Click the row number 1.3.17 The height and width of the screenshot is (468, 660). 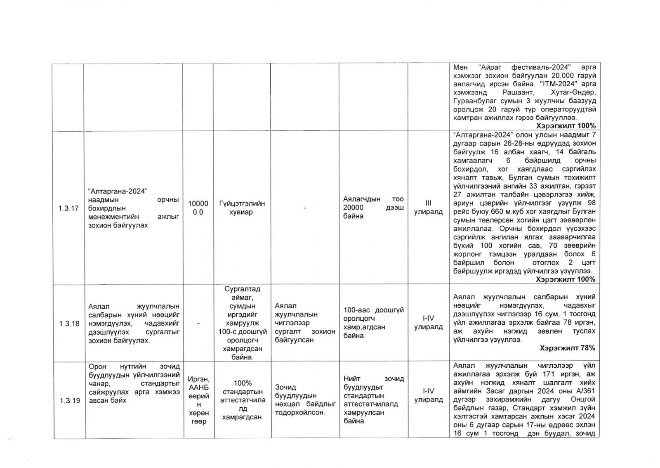click(68, 208)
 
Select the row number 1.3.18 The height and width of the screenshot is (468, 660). click(68, 324)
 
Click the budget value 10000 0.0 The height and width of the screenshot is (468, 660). click(198, 208)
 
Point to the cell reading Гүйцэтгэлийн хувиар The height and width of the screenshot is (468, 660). click(242, 208)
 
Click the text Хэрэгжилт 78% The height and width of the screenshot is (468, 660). click(567, 348)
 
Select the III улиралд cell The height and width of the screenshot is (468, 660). click(428, 208)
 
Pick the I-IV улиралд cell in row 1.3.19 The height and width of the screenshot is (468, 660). click(428, 395)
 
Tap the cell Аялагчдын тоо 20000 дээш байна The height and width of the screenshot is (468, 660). click(373, 208)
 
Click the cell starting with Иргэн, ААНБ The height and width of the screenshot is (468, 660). click(198, 400)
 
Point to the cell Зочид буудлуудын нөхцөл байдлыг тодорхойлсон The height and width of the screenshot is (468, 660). click(305, 400)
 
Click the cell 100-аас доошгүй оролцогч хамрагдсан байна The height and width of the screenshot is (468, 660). click(373, 323)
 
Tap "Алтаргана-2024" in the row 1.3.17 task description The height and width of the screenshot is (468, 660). click(118, 191)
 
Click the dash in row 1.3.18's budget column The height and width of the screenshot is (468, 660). click(198, 324)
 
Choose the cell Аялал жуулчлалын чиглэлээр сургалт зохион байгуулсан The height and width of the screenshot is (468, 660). click(305, 323)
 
